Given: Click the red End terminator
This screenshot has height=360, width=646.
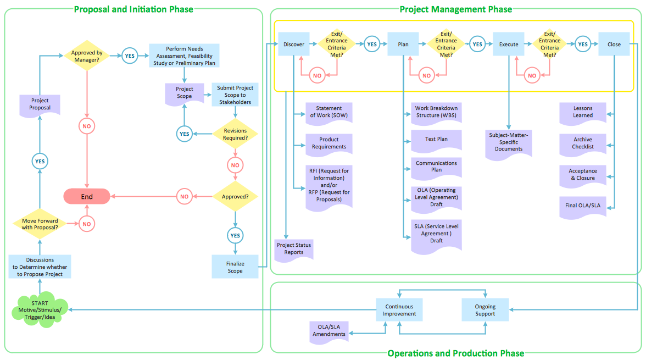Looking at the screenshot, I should click(87, 196).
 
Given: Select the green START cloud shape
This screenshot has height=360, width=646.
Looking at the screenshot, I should click(40, 311).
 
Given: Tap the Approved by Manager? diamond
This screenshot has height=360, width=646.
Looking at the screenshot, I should click(87, 56).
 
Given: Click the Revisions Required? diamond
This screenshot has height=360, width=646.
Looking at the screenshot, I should click(235, 134).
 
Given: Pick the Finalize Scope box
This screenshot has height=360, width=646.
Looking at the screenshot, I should click(235, 267).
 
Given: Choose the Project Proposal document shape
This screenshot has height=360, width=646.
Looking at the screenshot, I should click(40, 104).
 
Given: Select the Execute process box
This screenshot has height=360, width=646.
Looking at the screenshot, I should click(509, 45).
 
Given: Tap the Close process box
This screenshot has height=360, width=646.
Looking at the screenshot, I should click(614, 45).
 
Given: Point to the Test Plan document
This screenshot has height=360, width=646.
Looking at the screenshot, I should click(436, 140).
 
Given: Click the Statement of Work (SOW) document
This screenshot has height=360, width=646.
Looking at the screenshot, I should click(328, 112).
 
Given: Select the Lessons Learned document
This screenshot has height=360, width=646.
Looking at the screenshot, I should click(582, 112).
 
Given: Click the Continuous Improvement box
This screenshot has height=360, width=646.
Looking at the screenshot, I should click(399, 311).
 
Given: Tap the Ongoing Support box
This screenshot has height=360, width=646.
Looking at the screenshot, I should click(486, 311).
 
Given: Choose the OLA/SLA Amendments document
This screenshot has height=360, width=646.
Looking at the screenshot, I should click(329, 331).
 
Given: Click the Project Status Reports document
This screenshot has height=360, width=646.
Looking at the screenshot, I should click(294, 249).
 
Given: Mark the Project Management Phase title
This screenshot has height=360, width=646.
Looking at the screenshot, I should click(456, 9).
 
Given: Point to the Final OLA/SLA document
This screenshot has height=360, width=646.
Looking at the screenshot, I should click(582, 206).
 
